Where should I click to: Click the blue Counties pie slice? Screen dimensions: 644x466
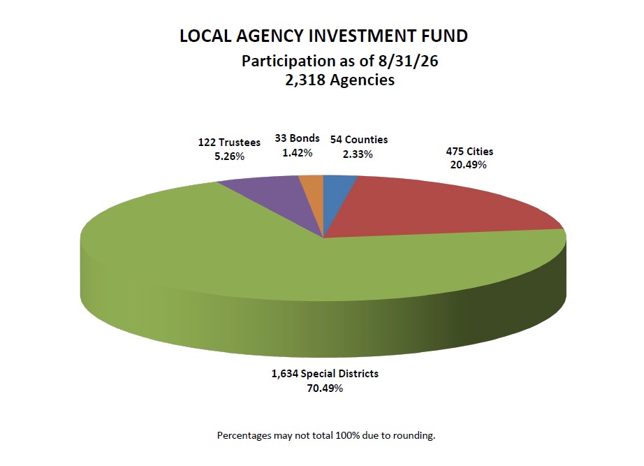[335, 192]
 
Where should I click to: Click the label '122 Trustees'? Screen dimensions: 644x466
[229, 143]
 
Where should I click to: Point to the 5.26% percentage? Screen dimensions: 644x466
[229, 156]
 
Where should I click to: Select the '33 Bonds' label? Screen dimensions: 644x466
[297, 138]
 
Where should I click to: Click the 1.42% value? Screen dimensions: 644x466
[297, 153]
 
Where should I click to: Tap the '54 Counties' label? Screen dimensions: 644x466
[359, 140]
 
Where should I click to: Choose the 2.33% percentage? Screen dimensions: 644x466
[358, 154]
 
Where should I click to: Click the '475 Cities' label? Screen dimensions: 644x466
[469, 152]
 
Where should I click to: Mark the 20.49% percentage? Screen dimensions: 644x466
[469, 165]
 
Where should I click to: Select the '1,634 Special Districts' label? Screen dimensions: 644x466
[325, 374]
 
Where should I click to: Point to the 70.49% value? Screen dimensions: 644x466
[325, 388]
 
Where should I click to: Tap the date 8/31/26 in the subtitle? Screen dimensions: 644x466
[407, 61]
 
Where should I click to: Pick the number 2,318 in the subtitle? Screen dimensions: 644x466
[305, 80]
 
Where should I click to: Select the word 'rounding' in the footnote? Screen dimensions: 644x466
[414, 435]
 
